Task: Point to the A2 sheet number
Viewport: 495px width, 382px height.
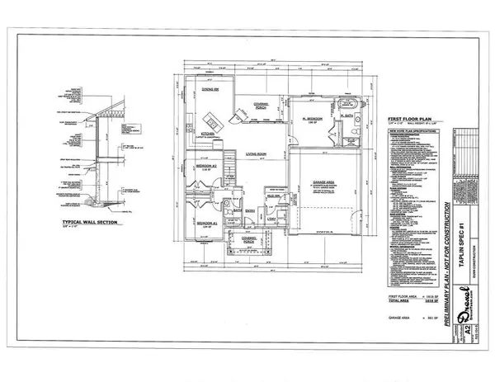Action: [x=469, y=329]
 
